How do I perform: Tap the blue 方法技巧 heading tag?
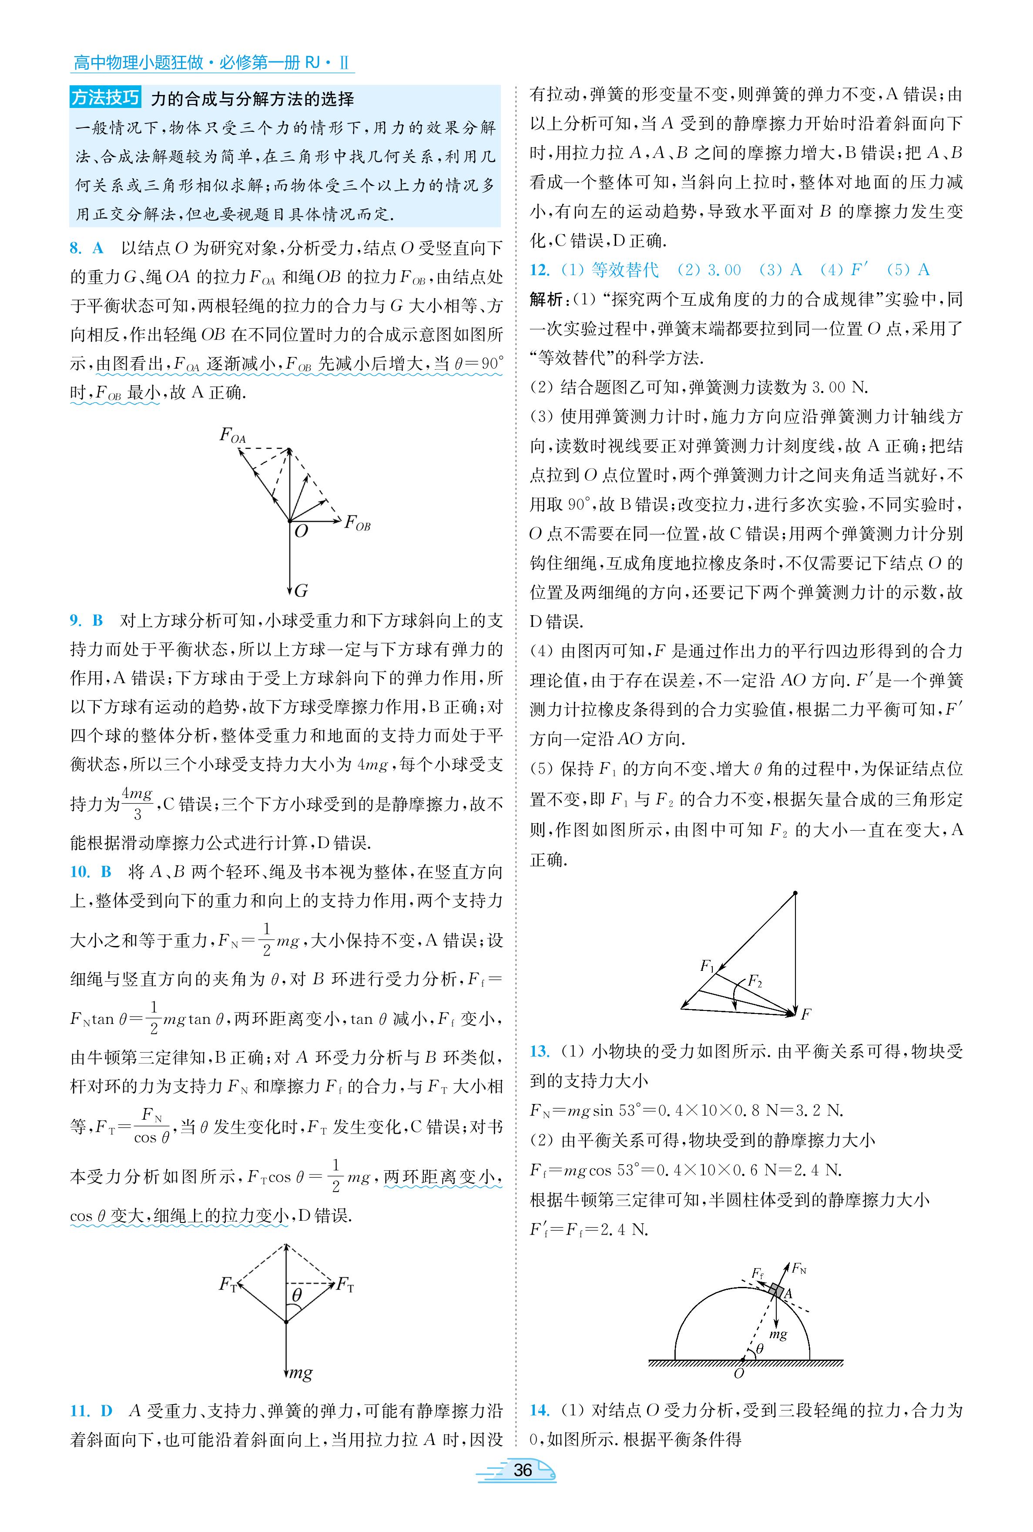(x=105, y=98)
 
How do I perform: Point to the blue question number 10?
(x=79, y=872)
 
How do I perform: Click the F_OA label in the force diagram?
(x=232, y=435)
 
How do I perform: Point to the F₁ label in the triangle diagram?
(x=707, y=966)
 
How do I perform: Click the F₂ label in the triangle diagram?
(x=755, y=982)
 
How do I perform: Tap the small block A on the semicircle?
(x=778, y=1292)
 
